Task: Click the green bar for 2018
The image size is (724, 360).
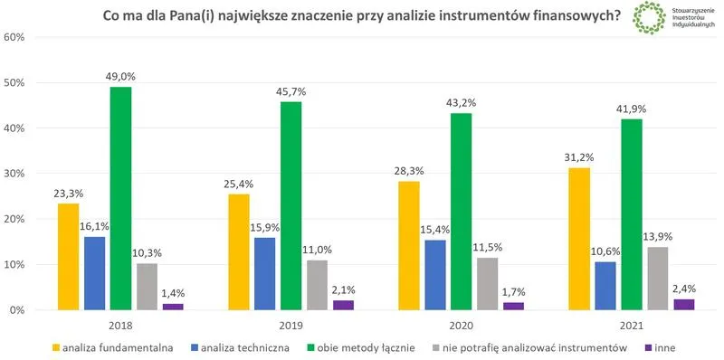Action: [120, 198]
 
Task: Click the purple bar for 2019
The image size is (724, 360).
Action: [343, 305]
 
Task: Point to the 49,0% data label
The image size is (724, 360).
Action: [120, 76]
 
